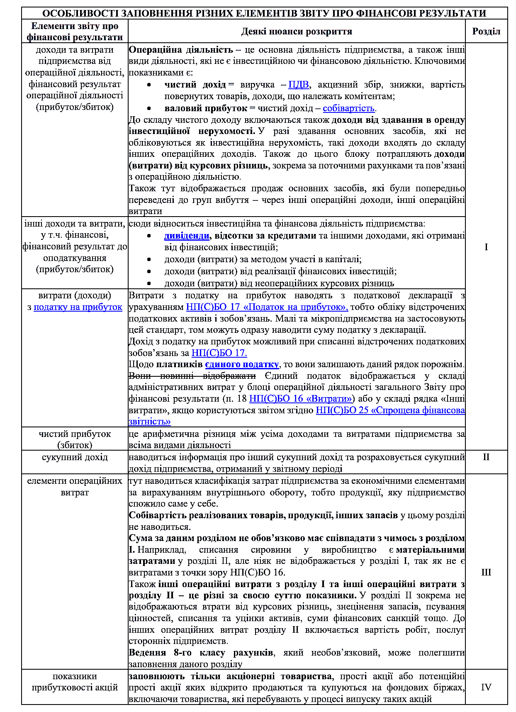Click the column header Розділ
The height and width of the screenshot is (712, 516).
coord(486,32)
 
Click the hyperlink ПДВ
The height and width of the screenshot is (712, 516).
coord(299,85)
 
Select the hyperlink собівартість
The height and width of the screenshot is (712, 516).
coord(348,108)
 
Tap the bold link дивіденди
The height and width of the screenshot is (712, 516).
coord(187,236)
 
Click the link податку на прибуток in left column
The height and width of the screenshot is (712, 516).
coord(78,307)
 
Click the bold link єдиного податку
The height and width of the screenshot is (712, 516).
coord(242,364)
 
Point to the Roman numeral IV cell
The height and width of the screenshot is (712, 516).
coord(486,688)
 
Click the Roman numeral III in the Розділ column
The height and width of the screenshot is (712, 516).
coord(486,573)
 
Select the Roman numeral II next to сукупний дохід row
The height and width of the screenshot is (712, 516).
coord(486,457)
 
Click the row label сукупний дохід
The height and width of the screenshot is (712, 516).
coord(75,457)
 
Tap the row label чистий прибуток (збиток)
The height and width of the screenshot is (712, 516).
coord(75,439)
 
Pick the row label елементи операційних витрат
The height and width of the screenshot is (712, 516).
coord(75,486)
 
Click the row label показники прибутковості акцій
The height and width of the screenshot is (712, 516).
coord(75,682)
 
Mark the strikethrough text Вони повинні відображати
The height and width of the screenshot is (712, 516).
coord(192,376)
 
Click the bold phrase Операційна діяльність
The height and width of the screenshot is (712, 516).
coord(181,50)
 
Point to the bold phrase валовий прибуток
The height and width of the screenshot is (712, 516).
coord(206,108)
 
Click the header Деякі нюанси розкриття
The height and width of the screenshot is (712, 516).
coord(297,32)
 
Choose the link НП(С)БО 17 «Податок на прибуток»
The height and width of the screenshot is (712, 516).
coord(267,307)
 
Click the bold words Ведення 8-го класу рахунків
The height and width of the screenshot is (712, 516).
coord(201,653)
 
